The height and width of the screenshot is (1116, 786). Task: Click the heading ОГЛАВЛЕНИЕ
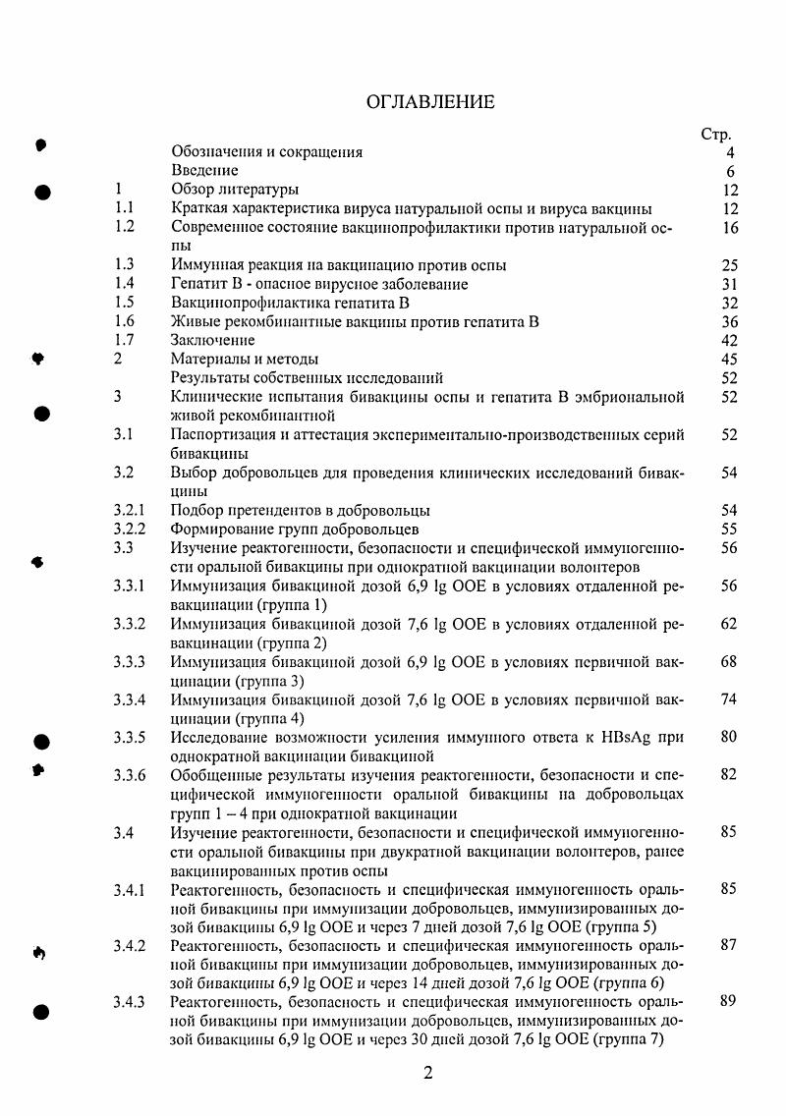(430, 102)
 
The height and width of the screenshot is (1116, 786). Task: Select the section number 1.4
(124, 284)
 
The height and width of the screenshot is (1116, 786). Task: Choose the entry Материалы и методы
(245, 359)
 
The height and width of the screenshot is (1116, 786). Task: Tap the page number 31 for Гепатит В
(728, 284)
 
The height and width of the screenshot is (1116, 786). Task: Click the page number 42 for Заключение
(728, 340)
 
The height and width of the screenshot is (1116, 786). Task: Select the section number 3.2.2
(129, 529)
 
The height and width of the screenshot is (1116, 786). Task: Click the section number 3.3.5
(129, 737)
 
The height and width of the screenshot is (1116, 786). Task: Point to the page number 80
(728, 737)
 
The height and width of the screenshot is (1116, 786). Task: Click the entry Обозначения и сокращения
(267, 152)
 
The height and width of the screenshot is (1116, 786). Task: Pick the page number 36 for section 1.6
(728, 321)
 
